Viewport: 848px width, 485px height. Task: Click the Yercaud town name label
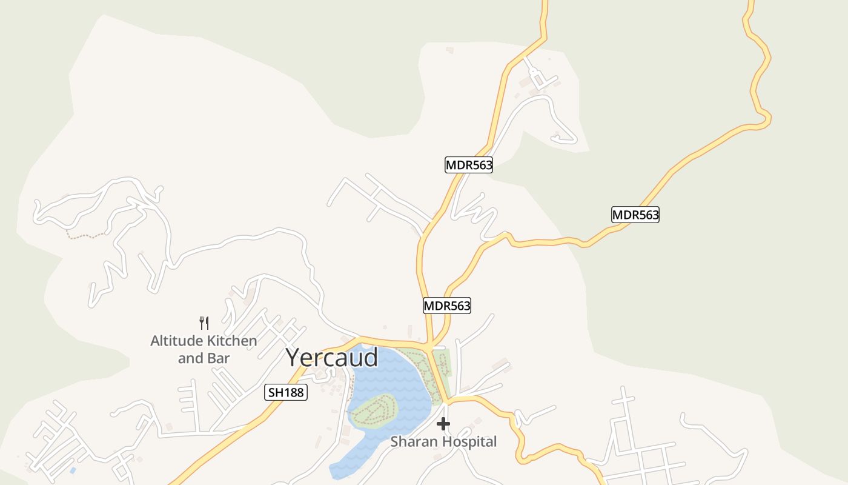pos(332,358)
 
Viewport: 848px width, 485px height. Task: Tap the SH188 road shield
pos(287,393)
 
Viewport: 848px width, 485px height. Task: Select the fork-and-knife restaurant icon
pos(204,323)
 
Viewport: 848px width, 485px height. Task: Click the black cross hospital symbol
pos(443,424)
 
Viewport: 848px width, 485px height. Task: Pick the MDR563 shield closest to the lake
pos(446,306)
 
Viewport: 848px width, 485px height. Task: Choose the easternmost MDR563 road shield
pos(635,215)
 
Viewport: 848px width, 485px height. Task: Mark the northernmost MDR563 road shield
pos(469,165)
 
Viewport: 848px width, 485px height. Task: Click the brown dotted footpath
pos(85,235)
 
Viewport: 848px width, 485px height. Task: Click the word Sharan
pos(412,442)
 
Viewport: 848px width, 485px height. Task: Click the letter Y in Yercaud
pos(294,358)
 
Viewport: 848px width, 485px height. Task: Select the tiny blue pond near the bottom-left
pos(73,470)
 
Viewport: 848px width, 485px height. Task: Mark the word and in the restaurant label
pos(190,358)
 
